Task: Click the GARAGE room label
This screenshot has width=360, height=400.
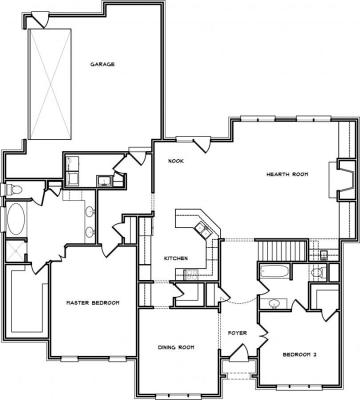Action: click(103, 64)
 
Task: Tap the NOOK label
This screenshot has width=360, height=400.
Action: click(176, 161)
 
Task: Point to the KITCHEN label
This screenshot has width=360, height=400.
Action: click(176, 258)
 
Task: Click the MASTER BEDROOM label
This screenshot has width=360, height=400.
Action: click(93, 303)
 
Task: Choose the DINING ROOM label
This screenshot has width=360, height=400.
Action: click(176, 347)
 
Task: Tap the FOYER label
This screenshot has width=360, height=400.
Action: click(237, 333)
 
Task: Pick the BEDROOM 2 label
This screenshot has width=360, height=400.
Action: click(299, 355)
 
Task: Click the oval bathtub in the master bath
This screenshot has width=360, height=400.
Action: click(16, 218)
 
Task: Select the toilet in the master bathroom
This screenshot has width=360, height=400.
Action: click(13, 190)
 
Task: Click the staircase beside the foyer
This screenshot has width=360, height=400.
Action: click(282, 251)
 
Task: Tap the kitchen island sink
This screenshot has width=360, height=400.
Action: click(203, 229)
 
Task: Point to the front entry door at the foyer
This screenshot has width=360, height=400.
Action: click(239, 353)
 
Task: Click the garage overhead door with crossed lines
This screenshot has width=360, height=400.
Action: click(50, 84)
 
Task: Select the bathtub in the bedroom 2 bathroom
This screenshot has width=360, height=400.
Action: click(275, 272)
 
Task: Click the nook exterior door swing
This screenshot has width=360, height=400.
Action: click(202, 144)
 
